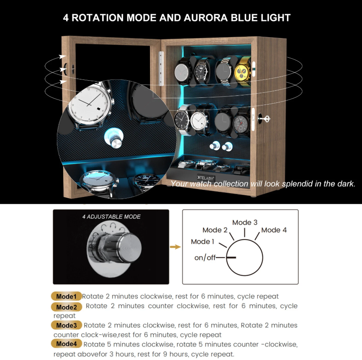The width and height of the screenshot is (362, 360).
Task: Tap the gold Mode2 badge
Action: pyautogui.click(x=67, y=307)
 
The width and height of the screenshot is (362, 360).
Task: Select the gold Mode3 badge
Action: pyautogui.click(x=67, y=325)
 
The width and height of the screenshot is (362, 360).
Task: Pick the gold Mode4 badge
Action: pyautogui.click(x=67, y=344)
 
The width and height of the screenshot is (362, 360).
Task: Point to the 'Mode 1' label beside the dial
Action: pyautogui.click(x=203, y=242)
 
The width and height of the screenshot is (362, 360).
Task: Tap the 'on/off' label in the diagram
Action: pyautogui.click(x=205, y=258)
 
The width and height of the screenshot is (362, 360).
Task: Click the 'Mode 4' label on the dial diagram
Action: pyautogui.click(x=274, y=230)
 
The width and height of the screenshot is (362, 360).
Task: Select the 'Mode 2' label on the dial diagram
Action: pyautogui.click(x=215, y=230)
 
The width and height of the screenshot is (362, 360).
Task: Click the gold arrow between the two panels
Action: pyautogui.click(x=175, y=247)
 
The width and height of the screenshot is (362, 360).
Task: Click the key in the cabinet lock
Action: pyautogui.click(x=263, y=119)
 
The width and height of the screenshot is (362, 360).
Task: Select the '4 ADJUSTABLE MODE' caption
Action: pyautogui.click(x=111, y=217)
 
